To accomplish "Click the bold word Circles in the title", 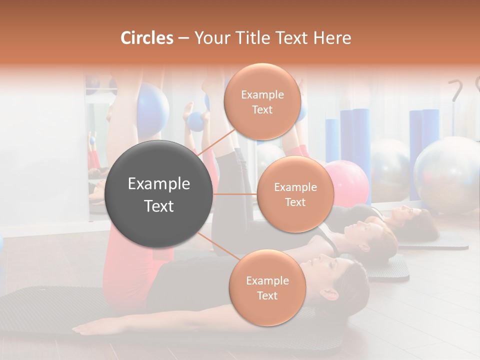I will pyautogui.click(x=146, y=38).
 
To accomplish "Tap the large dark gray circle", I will pyautogui.click(x=159, y=194).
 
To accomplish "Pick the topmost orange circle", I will pyautogui.click(x=262, y=102).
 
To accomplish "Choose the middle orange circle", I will pyautogui.click(x=295, y=194).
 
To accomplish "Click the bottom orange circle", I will pyautogui.click(x=267, y=288).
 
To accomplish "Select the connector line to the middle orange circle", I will pyautogui.click(x=235, y=194).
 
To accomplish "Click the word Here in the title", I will pyautogui.click(x=333, y=38).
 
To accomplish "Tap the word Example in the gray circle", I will pyautogui.click(x=159, y=184).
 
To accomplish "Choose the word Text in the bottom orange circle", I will pyautogui.click(x=267, y=295).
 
